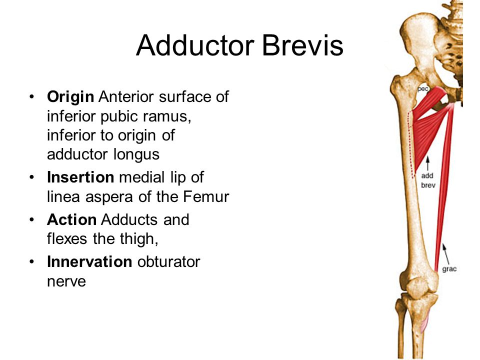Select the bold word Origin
click(x=70, y=96)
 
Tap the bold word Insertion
click(x=80, y=177)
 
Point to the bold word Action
click(x=71, y=219)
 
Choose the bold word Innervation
click(x=89, y=262)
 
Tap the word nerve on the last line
click(x=66, y=281)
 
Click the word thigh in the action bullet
click(x=141, y=239)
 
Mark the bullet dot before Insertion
click(x=32, y=177)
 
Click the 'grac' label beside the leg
click(x=449, y=269)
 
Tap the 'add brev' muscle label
click(x=427, y=180)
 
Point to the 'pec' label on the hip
click(x=423, y=88)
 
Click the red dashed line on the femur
click(x=410, y=145)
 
